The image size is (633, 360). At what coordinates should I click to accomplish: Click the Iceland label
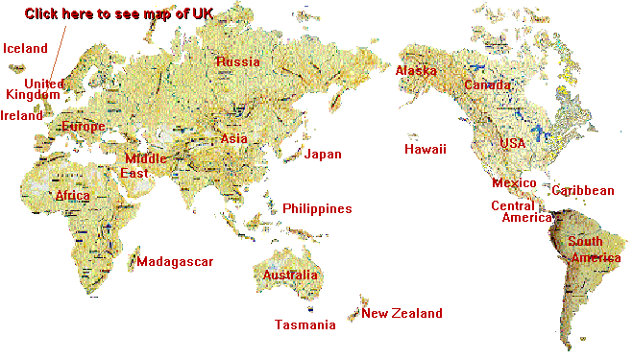click(26, 48)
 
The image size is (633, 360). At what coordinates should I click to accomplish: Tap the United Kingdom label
click(37, 89)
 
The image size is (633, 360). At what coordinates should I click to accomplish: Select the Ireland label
click(22, 116)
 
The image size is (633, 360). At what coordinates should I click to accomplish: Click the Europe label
click(83, 127)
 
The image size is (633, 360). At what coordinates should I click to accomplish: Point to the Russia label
click(238, 62)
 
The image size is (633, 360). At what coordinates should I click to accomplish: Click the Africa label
click(73, 196)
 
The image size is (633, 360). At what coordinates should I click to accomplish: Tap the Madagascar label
click(175, 262)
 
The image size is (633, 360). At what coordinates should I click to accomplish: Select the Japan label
click(323, 155)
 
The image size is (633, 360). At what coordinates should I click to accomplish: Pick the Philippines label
click(317, 209)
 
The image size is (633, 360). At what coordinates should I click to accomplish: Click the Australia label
click(290, 276)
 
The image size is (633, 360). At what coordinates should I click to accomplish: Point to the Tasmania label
click(305, 325)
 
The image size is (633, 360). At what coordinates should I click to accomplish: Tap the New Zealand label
click(402, 314)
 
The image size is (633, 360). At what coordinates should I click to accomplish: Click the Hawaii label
click(426, 150)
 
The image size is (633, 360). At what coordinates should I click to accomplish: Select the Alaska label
click(416, 71)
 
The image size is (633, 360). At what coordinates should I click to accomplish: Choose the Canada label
click(488, 85)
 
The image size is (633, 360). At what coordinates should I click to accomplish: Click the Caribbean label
click(583, 191)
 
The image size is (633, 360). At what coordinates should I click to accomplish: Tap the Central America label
click(520, 212)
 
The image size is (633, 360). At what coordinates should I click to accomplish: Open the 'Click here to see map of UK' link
click(120, 13)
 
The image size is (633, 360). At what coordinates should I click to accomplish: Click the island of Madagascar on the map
click(132, 259)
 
